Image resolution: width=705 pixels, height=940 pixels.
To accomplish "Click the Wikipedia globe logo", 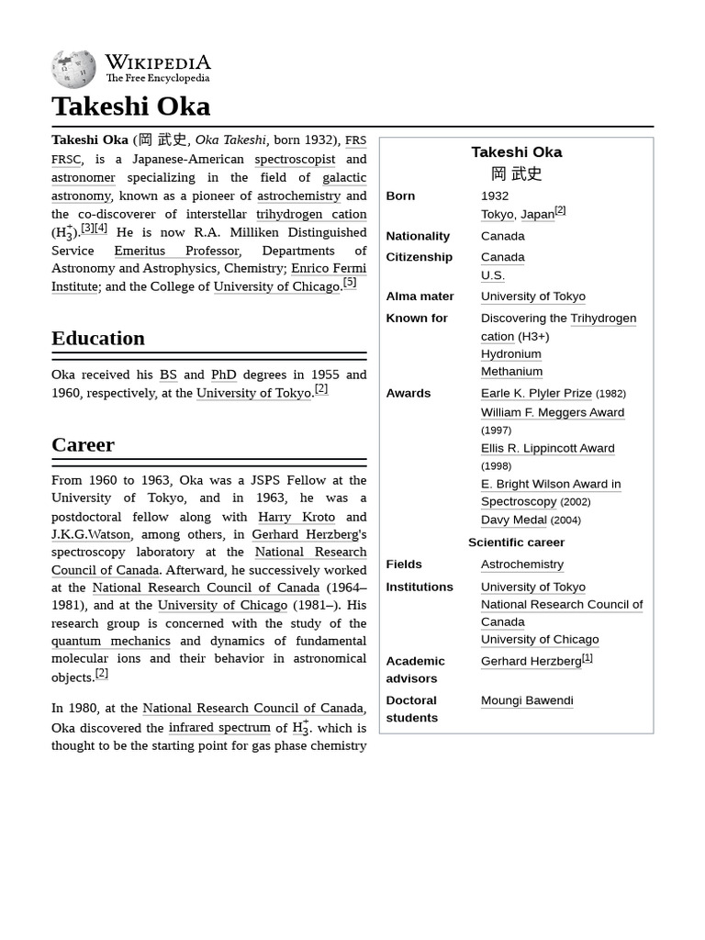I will pos(73,70).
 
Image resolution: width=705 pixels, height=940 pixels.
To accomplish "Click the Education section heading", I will pos(97,338).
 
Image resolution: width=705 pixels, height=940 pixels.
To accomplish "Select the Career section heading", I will pos(83,444).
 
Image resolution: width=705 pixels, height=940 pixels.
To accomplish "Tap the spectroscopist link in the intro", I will pos(295,159).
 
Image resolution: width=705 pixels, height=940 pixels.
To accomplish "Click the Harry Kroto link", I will pos(296,517).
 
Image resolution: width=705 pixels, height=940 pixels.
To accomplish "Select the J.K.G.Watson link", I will pos(91,534).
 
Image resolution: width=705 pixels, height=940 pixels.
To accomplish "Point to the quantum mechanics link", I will pos(110,641).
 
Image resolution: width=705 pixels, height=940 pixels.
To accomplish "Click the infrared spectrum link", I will pos(219,727).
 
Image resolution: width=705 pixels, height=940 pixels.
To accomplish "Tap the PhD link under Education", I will pos(223,375).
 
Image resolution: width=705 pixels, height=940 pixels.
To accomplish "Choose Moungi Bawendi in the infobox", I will pos(526,700).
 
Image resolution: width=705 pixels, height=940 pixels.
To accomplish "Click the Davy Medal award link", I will pos(513,520).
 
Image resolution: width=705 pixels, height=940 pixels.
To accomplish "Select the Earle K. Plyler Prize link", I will pos(536,393).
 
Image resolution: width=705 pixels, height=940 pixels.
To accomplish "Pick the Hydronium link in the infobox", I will pos(510,353).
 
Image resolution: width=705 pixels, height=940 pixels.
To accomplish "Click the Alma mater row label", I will pos(420,297).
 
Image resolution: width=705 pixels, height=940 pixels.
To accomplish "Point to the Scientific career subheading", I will pos(516,543).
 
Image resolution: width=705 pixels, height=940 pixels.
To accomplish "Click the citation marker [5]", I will pos(350,283).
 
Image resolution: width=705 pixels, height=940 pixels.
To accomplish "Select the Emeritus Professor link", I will pos(176,251).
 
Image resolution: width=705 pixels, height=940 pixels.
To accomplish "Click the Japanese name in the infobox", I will pos(516,173).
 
